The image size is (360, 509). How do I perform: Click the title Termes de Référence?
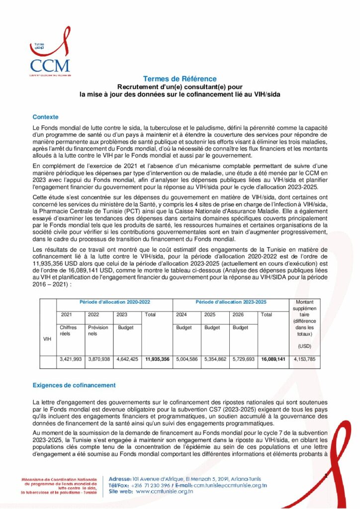click(x=180, y=79)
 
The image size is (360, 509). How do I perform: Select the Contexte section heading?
click(x=45, y=117)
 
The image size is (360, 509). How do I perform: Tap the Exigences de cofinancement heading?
click(x=74, y=385)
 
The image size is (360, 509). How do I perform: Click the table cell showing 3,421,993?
click(x=71, y=359)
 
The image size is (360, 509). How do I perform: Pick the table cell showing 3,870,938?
click(x=99, y=359)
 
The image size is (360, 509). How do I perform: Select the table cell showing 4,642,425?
click(x=127, y=359)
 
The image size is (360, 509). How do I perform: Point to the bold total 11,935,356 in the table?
click(x=157, y=359)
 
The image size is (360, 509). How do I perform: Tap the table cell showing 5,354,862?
click(x=215, y=359)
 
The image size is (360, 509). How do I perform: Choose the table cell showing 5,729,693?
click(x=244, y=359)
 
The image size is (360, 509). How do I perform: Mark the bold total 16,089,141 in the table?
click(x=273, y=359)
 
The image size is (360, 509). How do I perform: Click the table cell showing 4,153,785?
click(x=304, y=359)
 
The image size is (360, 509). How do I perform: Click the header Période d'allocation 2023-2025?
click(x=230, y=302)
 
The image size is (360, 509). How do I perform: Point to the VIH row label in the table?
click(x=48, y=339)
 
